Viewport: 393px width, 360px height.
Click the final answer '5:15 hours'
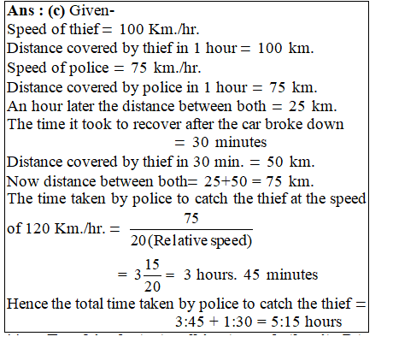(296, 322)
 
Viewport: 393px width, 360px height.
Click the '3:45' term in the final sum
(189, 322)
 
